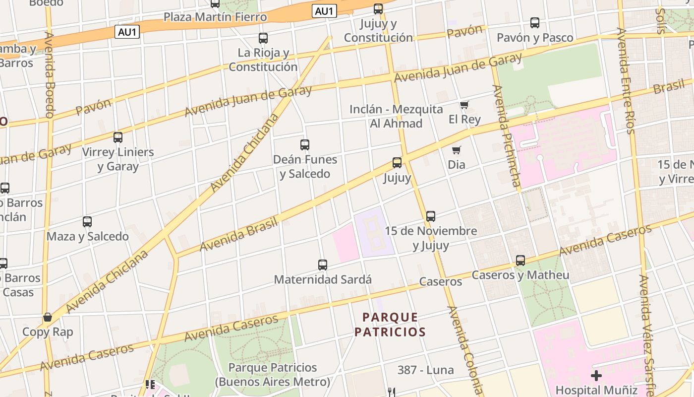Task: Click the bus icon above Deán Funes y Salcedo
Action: [x=305, y=145]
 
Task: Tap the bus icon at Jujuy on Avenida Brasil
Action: [x=397, y=163]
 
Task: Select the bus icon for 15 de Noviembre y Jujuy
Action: [x=431, y=216]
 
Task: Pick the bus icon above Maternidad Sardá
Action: [x=323, y=265]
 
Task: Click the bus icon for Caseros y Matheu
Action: [x=520, y=261]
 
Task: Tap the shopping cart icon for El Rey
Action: [x=464, y=105]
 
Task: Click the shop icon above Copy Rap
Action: [x=48, y=317]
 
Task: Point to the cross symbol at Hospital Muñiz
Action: [x=596, y=375]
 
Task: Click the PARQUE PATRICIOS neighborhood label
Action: [x=390, y=325]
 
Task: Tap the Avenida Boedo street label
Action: [x=50, y=74]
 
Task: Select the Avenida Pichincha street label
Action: [x=506, y=136]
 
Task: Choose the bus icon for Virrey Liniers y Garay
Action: [x=118, y=137]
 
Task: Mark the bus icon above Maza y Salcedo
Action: [x=87, y=222]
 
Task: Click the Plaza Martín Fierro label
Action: [x=215, y=17]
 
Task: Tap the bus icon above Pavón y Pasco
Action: [x=535, y=23]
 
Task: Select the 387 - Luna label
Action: [x=425, y=370]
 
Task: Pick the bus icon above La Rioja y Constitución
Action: [x=263, y=38]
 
